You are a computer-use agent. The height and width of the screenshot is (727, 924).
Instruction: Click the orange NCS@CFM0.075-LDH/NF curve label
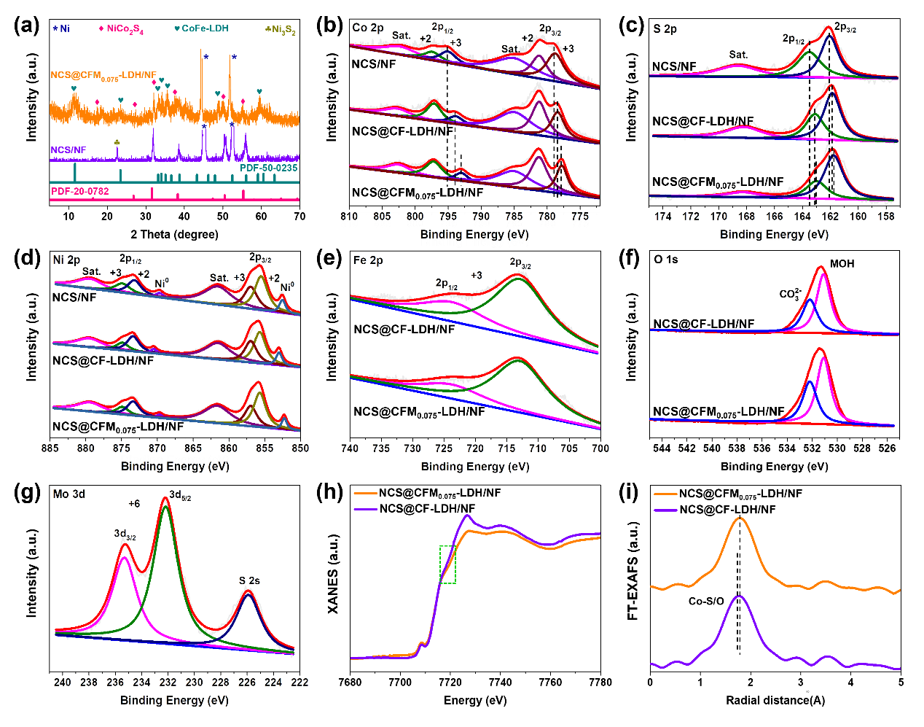(x=103, y=75)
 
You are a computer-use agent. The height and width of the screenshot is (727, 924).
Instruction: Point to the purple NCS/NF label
(x=68, y=149)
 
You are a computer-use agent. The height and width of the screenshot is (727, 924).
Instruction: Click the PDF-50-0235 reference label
(x=269, y=168)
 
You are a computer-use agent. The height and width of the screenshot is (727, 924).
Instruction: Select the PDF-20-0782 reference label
(x=80, y=191)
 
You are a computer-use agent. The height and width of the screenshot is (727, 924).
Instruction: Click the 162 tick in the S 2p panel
(x=830, y=217)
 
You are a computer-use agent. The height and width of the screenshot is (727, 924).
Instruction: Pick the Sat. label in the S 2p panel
(x=737, y=55)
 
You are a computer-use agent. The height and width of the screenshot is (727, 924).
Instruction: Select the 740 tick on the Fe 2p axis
(x=351, y=448)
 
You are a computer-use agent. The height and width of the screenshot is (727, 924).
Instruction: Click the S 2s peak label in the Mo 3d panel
(x=250, y=581)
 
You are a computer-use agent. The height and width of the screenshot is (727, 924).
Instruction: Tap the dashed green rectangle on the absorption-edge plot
(x=447, y=564)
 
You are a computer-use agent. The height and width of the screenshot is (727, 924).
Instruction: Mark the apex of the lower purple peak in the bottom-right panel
(x=740, y=596)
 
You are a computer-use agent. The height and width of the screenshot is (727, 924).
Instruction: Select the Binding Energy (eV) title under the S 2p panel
(x=774, y=236)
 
